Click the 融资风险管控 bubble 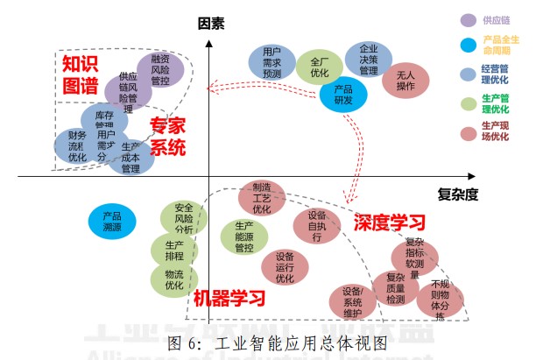(159, 68)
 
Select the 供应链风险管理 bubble (128, 90)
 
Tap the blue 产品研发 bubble (343, 95)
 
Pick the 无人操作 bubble (406, 80)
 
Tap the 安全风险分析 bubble (184, 218)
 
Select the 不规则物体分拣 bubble (440, 299)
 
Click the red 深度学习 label (390, 222)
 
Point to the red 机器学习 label (229, 298)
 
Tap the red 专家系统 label (167, 135)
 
